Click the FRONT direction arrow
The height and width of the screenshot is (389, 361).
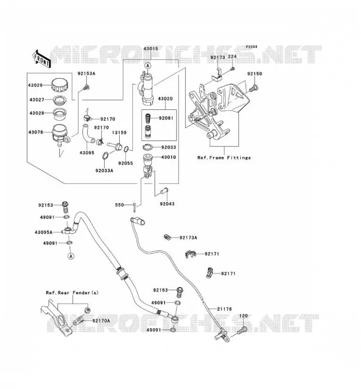41,59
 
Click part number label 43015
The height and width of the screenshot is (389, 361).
151,49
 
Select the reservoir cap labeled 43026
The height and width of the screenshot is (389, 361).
59,85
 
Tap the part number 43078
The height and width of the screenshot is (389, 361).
36,132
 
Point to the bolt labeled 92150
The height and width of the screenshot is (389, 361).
253,88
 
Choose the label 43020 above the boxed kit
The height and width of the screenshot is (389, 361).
165,99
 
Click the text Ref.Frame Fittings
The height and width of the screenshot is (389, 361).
224,158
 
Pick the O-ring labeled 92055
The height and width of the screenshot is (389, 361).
126,149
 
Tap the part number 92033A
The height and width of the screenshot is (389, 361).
104,171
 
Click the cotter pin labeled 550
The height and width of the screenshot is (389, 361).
134,207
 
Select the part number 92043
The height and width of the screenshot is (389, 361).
167,204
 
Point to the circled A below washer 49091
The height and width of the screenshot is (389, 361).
71,256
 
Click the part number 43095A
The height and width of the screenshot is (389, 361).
43,232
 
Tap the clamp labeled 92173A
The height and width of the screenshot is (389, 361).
168,237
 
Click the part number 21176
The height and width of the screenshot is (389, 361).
224,309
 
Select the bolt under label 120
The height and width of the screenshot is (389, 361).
242,331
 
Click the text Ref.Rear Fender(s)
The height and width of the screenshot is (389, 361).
72,293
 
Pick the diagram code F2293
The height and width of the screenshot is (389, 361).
252,47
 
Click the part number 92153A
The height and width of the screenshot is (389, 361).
87,73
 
